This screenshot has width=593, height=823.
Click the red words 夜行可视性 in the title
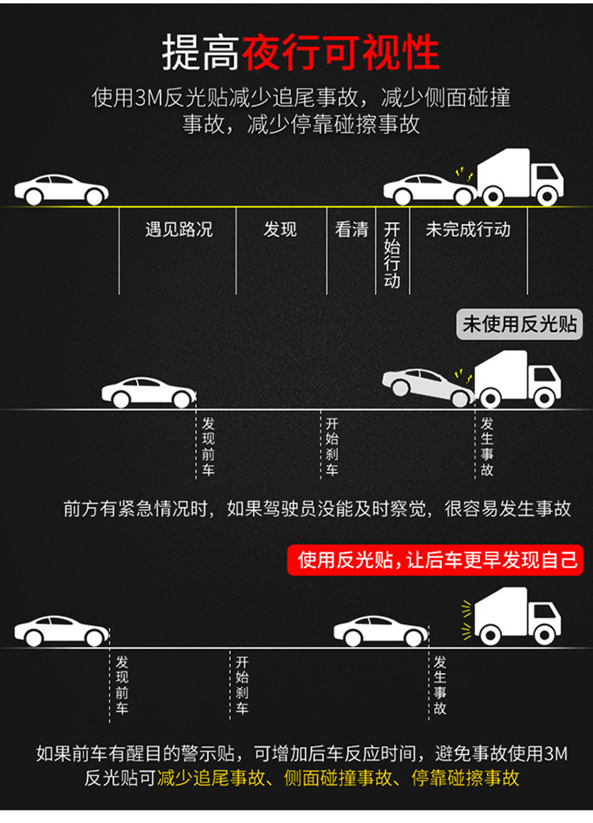pyautogui.click(x=341, y=53)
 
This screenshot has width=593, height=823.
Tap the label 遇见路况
pyautogui.click(x=179, y=230)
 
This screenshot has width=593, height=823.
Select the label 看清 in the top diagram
pyautogui.click(x=352, y=230)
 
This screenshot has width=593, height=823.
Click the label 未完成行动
pyautogui.click(x=468, y=230)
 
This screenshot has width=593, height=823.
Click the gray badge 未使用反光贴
pyautogui.click(x=521, y=325)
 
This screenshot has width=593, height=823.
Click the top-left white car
pyautogui.click(x=61, y=190)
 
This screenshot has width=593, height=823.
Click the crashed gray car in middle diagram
pyautogui.click(x=428, y=386)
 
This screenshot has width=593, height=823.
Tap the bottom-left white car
pyautogui.click(x=62, y=630)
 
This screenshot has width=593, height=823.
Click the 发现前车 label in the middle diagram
pyautogui.click(x=208, y=447)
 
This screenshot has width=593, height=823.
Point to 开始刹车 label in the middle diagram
pyautogui.click(x=332, y=447)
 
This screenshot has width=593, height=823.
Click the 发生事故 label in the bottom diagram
pyautogui.click(x=440, y=686)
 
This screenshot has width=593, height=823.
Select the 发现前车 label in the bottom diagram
pyautogui.click(x=122, y=686)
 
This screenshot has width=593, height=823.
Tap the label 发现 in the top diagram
pyautogui.click(x=280, y=230)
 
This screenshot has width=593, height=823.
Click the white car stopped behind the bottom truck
pyautogui.click(x=381, y=630)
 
